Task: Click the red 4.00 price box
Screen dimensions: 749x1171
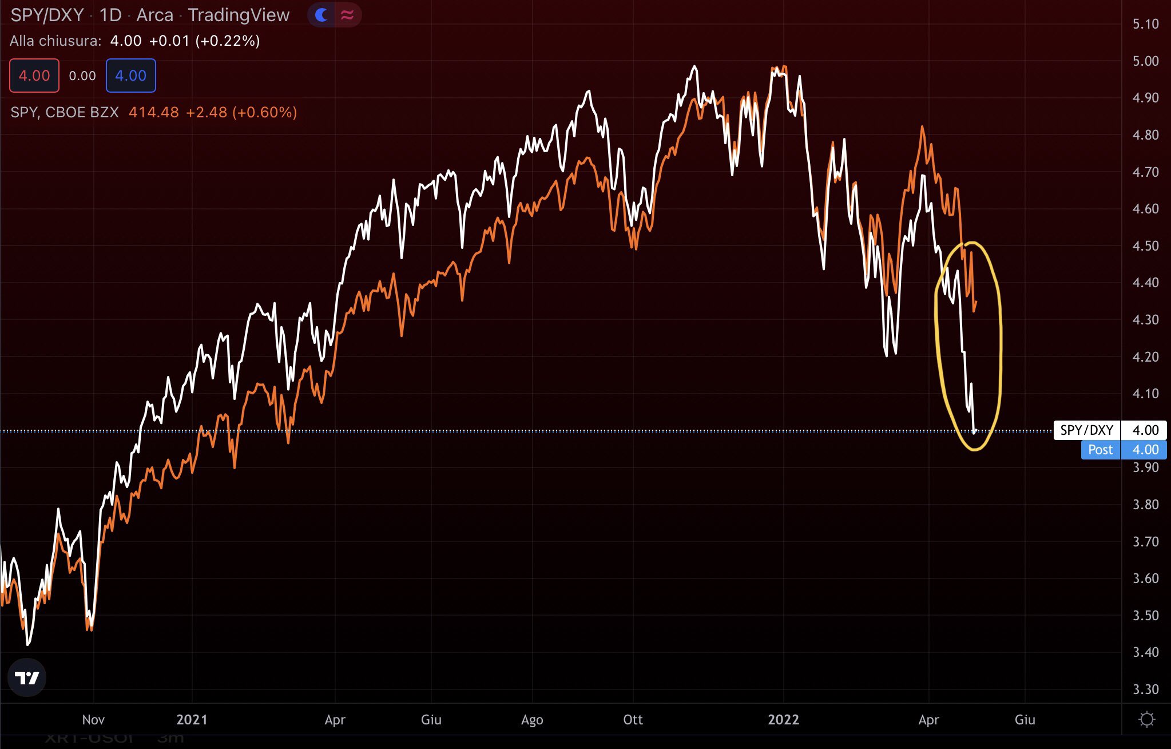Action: pyautogui.click(x=34, y=76)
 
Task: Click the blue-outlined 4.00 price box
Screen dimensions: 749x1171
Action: pyautogui.click(x=130, y=76)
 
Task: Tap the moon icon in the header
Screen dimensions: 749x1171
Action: pyautogui.click(x=321, y=15)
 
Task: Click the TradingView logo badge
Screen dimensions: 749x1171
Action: pyautogui.click(x=26, y=677)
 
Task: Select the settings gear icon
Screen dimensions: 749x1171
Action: pyautogui.click(x=1146, y=719)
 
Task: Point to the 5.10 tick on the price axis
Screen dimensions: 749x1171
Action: pyautogui.click(x=1145, y=24)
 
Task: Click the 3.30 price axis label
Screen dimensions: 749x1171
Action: pyautogui.click(x=1145, y=689)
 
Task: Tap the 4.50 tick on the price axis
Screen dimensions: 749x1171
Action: pyautogui.click(x=1145, y=245)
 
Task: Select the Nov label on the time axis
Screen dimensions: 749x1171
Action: pyautogui.click(x=93, y=719)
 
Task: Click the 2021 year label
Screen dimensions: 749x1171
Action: pyautogui.click(x=192, y=719)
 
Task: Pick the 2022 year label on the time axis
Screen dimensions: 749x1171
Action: pyautogui.click(x=783, y=719)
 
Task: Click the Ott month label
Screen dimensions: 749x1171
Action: pyautogui.click(x=633, y=719)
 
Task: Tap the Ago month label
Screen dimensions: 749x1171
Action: pyautogui.click(x=532, y=719)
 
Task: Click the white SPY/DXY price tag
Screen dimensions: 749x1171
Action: pyautogui.click(x=1086, y=430)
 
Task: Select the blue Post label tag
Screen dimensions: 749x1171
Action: pyautogui.click(x=1100, y=450)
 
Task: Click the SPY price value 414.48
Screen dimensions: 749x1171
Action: pyautogui.click(x=153, y=112)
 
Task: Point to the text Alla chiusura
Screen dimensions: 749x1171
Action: pyautogui.click(x=55, y=41)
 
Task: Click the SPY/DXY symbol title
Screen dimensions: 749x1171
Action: pyautogui.click(x=47, y=15)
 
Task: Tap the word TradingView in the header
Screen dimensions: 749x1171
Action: pyautogui.click(x=239, y=15)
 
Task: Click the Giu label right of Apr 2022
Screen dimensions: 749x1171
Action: pyautogui.click(x=1025, y=719)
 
